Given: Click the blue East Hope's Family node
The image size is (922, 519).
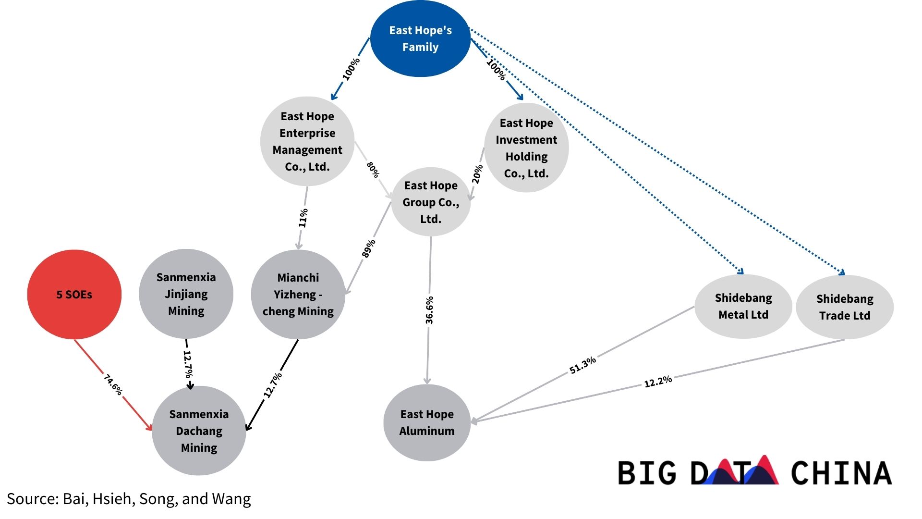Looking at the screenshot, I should point(420,38).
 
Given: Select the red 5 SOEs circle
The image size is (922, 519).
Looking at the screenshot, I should point(74,294).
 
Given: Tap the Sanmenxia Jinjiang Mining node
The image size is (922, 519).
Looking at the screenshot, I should point(186,294).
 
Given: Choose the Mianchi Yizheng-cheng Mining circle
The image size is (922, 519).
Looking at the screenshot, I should point(298,294).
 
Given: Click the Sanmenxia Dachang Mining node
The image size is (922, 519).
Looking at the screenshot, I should point(199,431).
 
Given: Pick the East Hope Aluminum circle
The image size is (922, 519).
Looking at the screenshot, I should point(427,422).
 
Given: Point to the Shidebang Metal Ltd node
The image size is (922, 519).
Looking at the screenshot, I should point(743,306).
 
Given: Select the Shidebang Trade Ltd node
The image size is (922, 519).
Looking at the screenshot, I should point(845,307).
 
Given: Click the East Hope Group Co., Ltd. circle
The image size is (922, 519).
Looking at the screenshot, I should point(431,202).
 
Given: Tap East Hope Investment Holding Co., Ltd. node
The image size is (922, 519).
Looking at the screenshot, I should point(526,148).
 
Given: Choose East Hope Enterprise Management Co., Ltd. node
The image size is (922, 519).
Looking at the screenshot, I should point(307,141).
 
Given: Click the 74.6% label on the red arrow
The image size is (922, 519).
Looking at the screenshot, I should point(113,385).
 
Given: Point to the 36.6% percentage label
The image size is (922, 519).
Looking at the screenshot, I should point(429,310).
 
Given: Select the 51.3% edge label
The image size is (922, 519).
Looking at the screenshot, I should point(582,365).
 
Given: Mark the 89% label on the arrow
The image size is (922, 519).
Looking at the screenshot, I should point(368,248).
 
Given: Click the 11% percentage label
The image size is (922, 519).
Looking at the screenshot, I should point(303,218).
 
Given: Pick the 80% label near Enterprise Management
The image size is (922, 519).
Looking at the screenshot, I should point(373,170).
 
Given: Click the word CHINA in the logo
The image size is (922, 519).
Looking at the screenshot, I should point(841,473).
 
